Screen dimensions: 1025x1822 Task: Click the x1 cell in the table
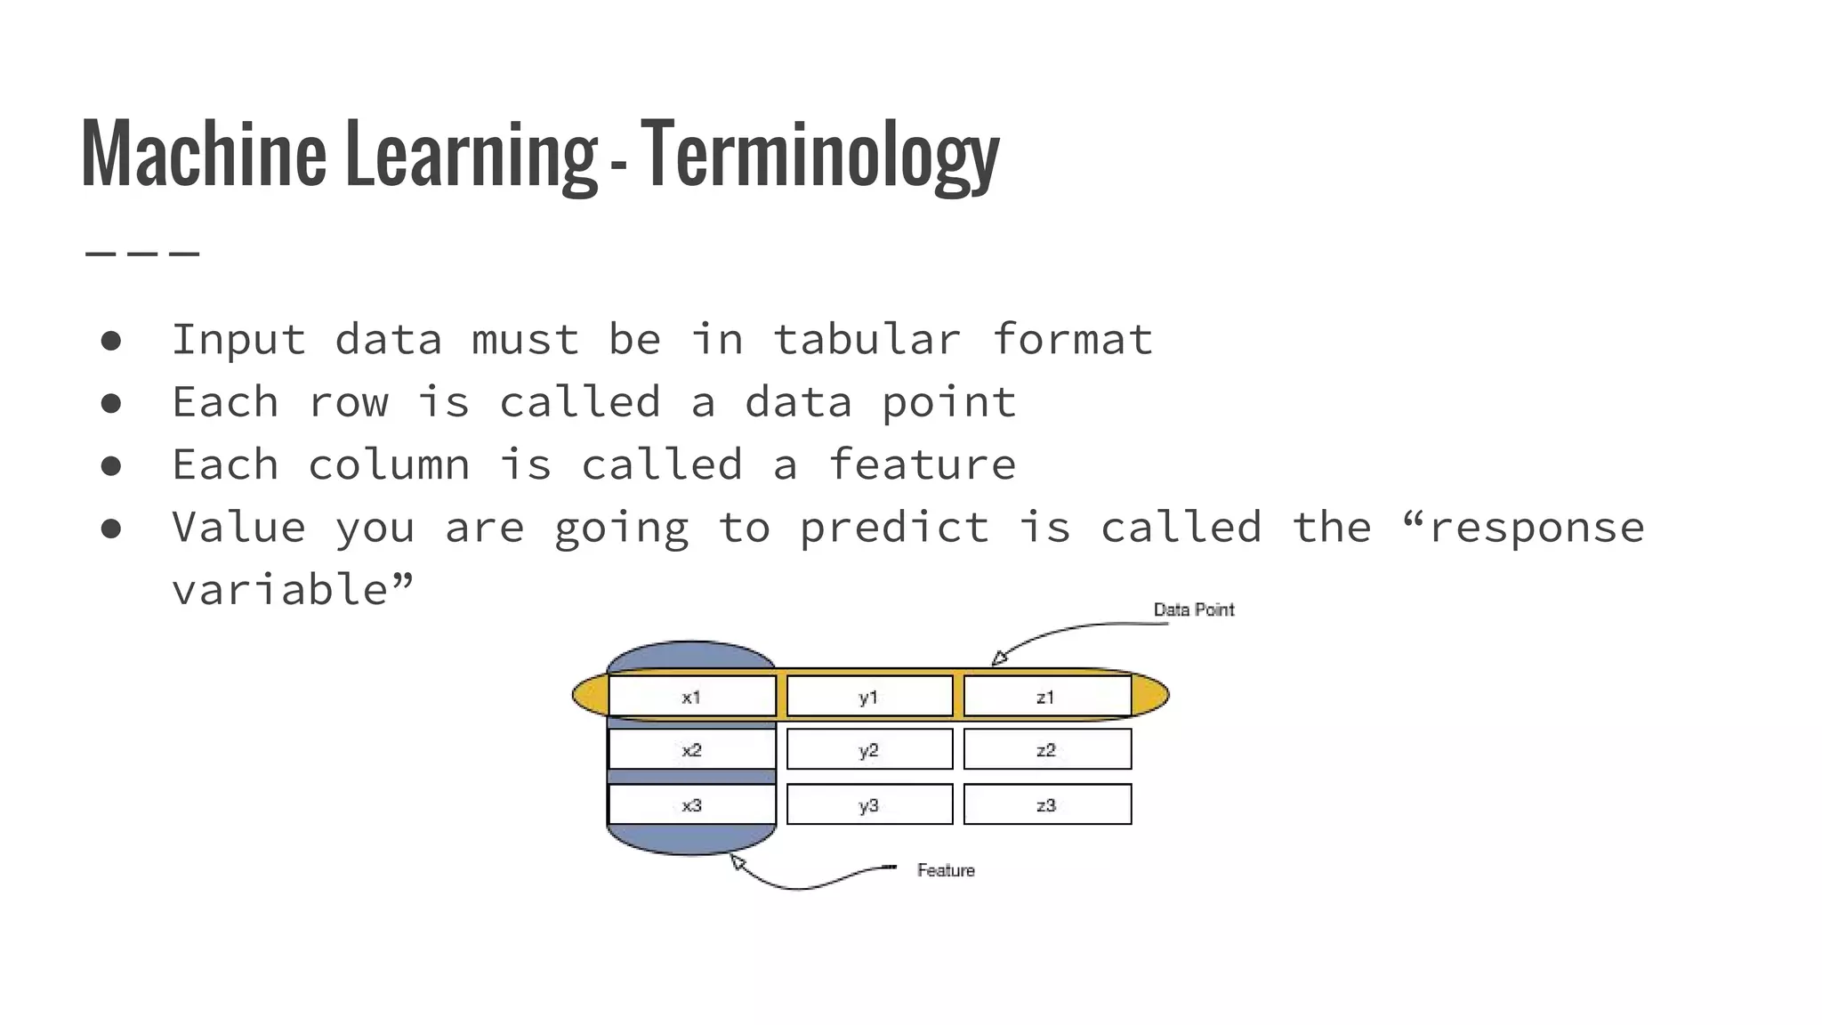(x=692, y=697)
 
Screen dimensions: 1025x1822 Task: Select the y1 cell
(x=869, y=697)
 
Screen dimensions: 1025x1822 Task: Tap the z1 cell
(x=1046, y=697)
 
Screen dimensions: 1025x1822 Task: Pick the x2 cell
(x=692, y=750)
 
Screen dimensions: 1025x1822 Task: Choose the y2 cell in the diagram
(x=869, y=750)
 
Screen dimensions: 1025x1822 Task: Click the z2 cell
(x=1046, y=750)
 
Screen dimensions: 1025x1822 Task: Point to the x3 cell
(x=692, y=805)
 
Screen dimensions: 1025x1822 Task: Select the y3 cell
(x=869, y=805)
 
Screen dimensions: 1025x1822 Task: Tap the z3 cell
(x=1046, y=805)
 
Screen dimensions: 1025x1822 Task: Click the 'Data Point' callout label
(x=1193, y=609)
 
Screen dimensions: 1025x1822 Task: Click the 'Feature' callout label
(x=946, y=870)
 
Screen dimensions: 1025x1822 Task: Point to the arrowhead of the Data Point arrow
(x=999, y=659)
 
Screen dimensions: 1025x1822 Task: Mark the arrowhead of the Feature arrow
(x=737, y=860)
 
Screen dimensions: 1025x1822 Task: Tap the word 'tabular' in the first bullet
(x=867, y=340)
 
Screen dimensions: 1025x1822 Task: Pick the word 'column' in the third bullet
(x=389, y=465)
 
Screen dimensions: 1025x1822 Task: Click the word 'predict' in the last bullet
(x=894, y=528)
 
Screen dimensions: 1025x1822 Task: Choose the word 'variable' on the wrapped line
(x=281, y=590)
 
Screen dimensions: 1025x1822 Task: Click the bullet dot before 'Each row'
(x=111, y=403)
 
